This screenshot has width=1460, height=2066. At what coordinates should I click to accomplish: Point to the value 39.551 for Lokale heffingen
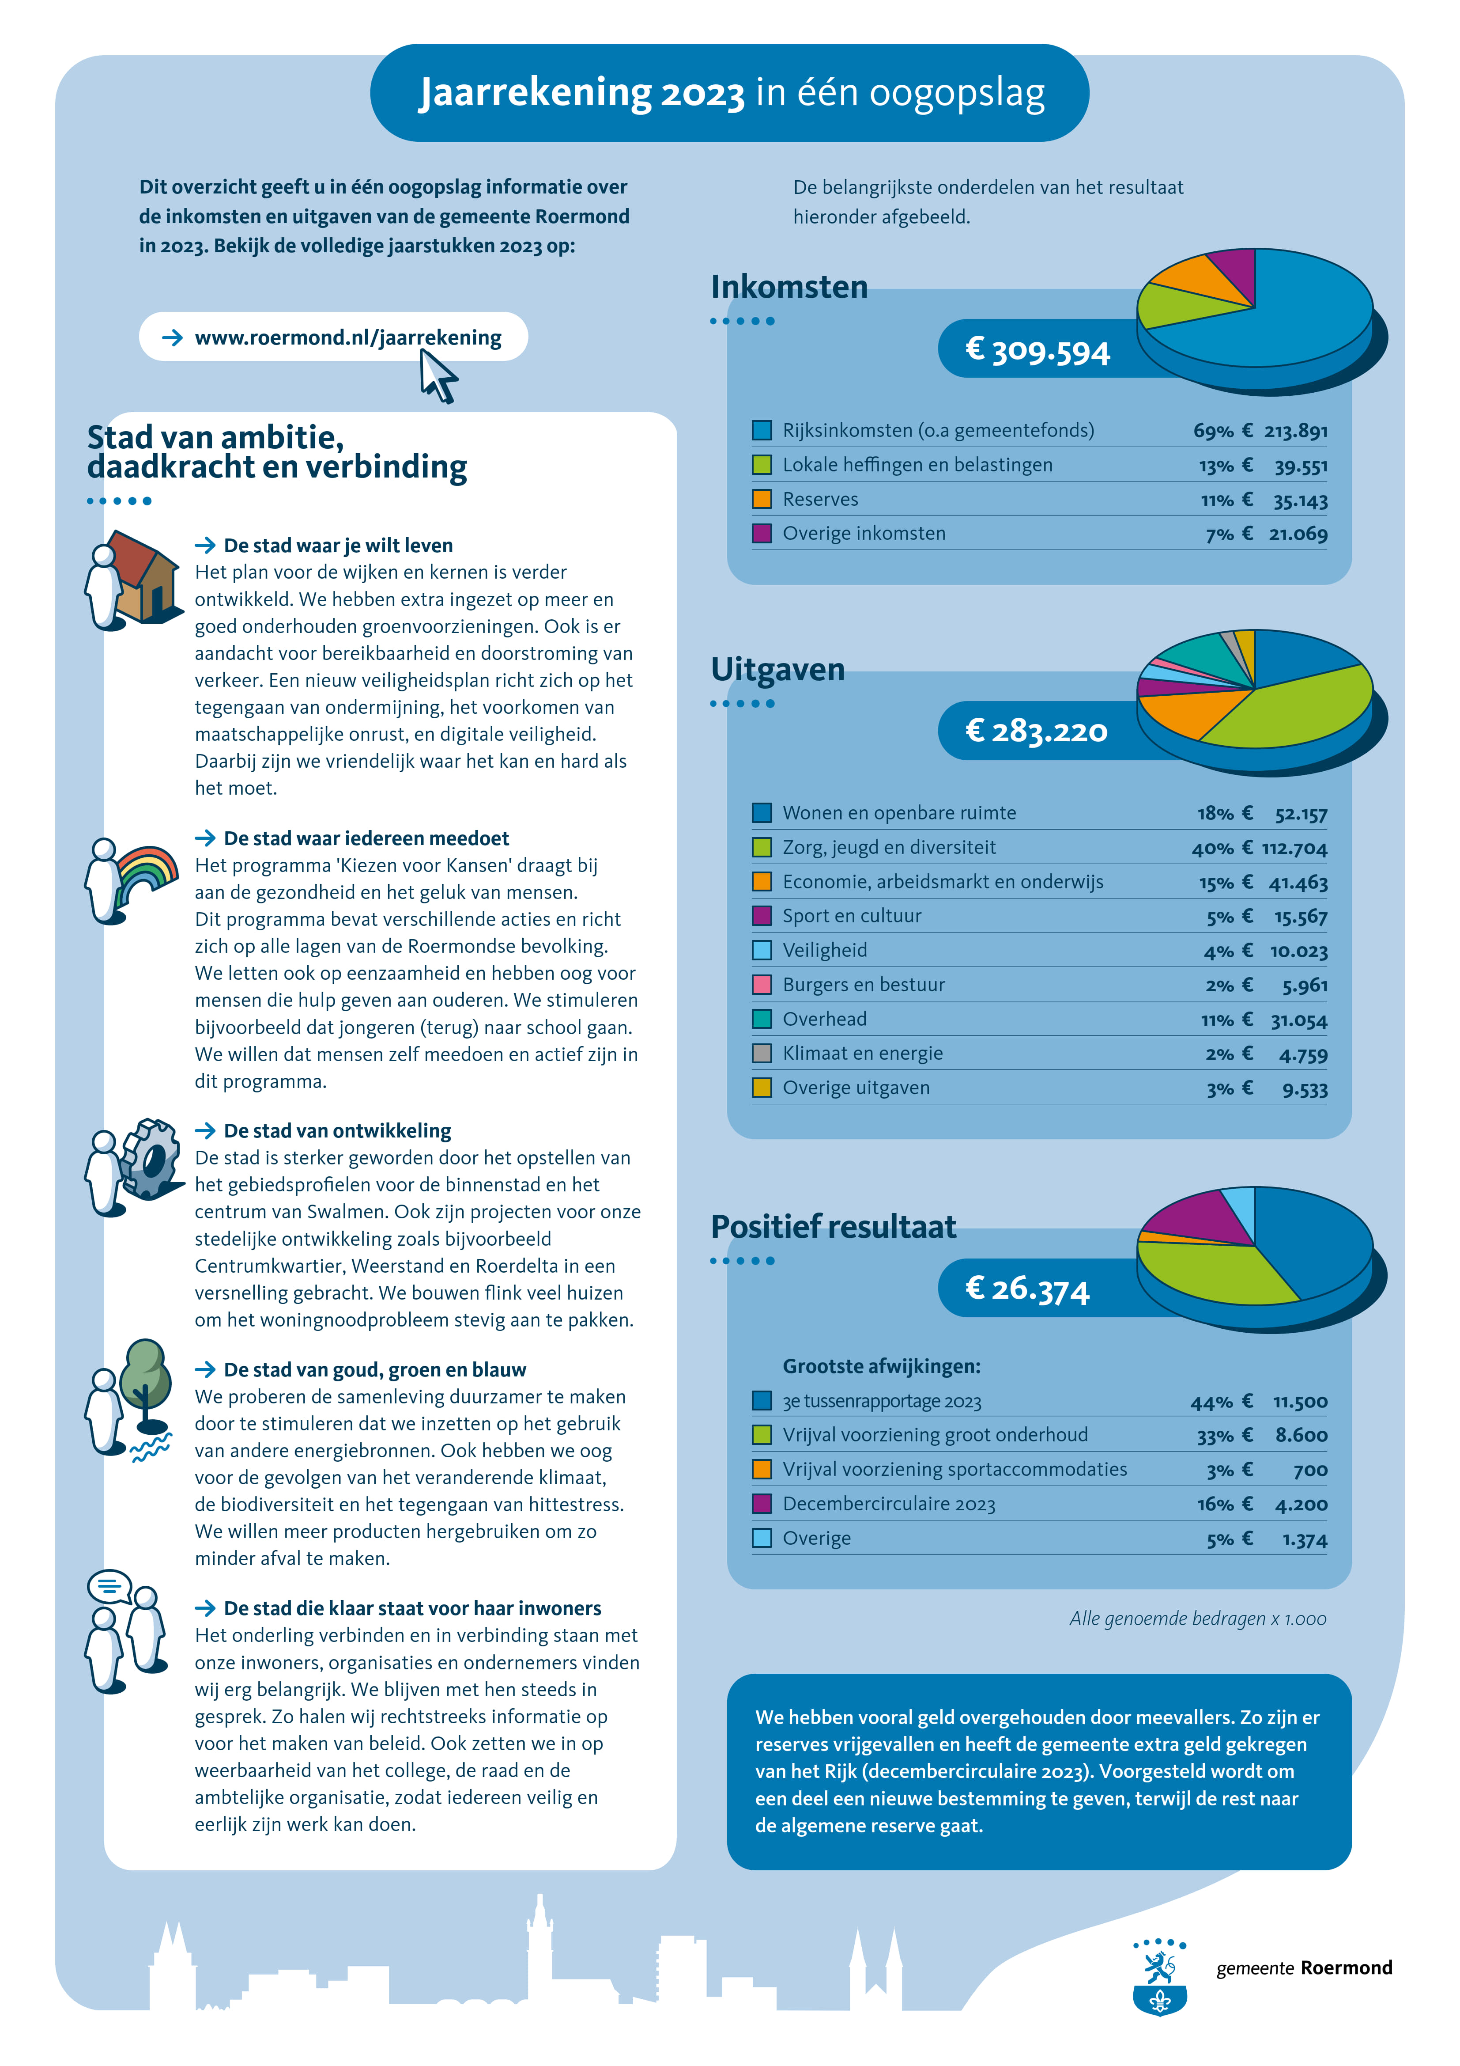[x=1301, y=466]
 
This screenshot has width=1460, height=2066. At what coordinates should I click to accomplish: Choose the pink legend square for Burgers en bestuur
[x=762, y=985]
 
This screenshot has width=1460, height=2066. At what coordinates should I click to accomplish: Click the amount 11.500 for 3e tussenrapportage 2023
[x=1300, y=1402]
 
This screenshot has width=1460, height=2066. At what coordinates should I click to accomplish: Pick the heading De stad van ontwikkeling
[x=337, y=1131]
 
